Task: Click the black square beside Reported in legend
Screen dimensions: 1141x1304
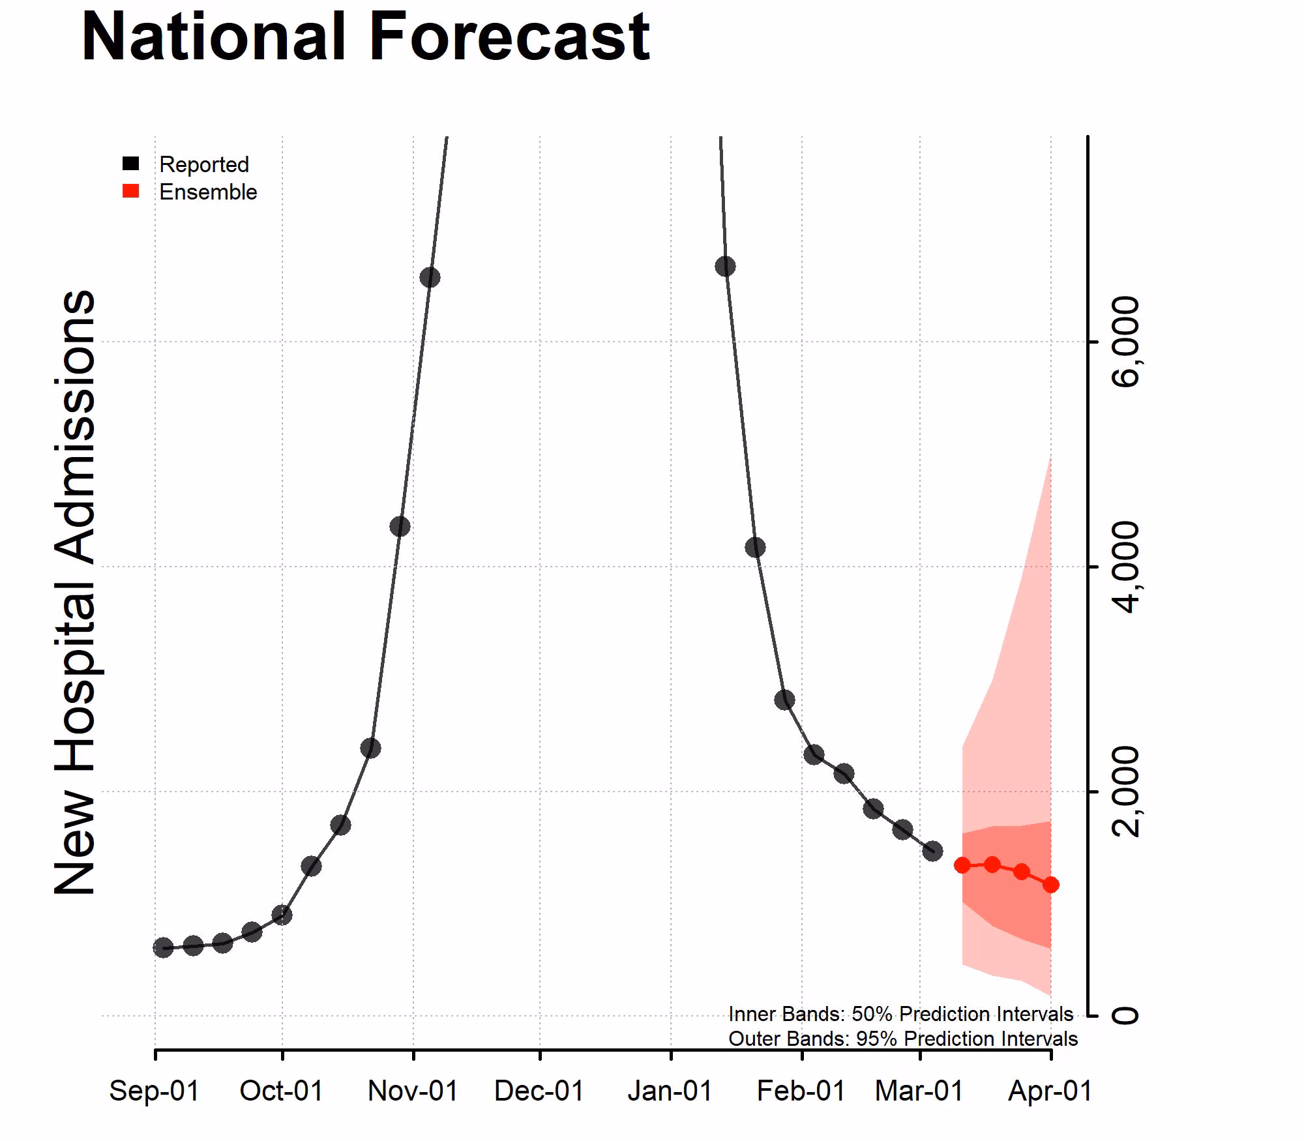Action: coord(131,164)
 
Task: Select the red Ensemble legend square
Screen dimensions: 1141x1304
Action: coord(131,191)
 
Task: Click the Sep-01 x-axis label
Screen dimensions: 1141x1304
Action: coord(154,1091)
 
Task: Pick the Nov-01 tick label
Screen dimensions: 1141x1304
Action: coord(413,1091)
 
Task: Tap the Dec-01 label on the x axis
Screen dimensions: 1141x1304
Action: coord(539,1091)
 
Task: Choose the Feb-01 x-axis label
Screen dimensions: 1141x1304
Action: coord(801,1091)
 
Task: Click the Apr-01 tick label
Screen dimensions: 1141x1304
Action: coord(1050,1091)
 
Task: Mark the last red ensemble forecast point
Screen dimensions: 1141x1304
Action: coord(1050,885)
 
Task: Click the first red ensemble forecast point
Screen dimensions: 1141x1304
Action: coord(962,865)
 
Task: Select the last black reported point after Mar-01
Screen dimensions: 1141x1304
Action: coord(933,851)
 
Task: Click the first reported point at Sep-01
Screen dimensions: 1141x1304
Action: coord(163,947)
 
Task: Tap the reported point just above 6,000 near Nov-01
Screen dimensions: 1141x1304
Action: coord(430,277)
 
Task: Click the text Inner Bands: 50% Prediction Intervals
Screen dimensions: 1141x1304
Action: coord(900,1014)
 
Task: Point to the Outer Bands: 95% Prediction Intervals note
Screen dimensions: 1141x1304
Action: coord(902,1039)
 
